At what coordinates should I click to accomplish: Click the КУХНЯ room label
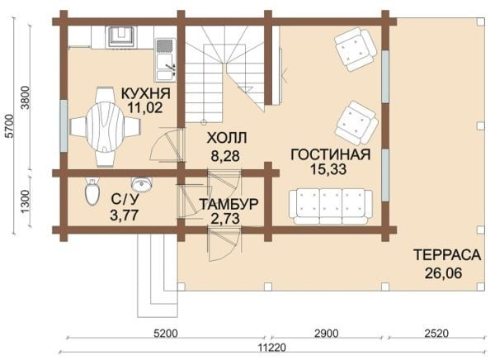(146, 93)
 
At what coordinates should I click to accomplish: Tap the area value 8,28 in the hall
(225, 155)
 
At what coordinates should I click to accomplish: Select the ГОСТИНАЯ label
(330, 154)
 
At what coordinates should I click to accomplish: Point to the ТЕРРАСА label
(447, 255)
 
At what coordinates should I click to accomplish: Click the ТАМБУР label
(229, 204)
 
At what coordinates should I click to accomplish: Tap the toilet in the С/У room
(92, 192)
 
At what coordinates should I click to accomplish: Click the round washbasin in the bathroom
(142, 184)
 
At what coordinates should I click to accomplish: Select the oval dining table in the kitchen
(104, 126)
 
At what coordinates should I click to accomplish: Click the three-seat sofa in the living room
(331, 206)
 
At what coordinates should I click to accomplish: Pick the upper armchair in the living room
(356, 49)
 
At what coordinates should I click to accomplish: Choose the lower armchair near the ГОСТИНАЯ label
(356, 123)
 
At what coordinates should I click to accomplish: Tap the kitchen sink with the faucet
(165, 67)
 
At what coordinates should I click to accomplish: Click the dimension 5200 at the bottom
(165, 333)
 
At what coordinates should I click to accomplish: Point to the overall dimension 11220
(271, 348)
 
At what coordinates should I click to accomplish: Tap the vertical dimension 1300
(25, 201)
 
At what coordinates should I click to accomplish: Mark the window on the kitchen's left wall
(64, 126)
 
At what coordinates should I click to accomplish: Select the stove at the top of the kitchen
(121, 37)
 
